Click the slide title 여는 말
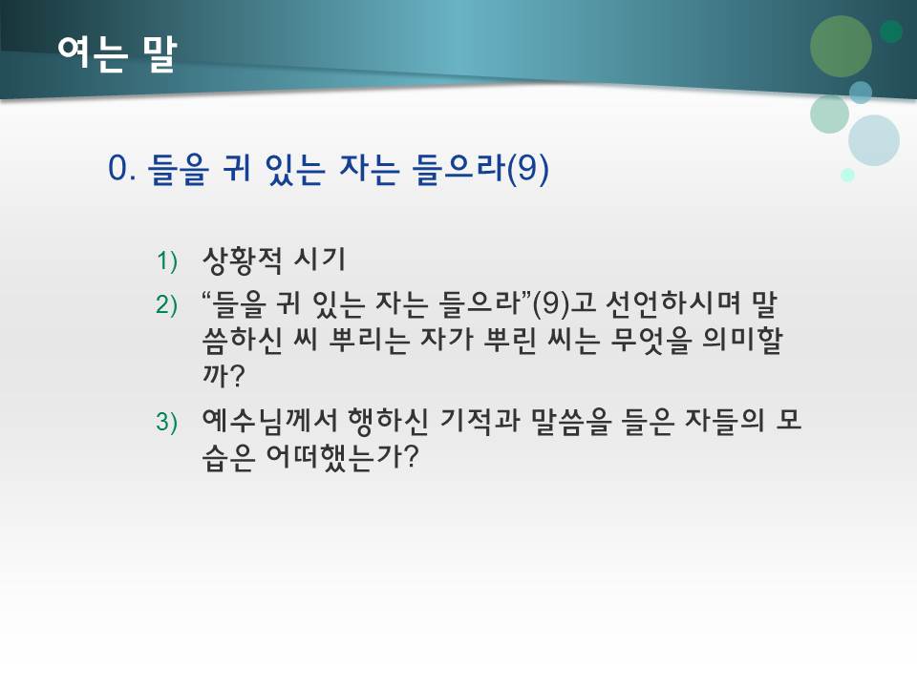(x=116, y=53)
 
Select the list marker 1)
(x=167, y=260)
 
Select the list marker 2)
(x=167, y=304)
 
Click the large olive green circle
(x=841, y=45)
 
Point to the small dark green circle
(x=891, y=31)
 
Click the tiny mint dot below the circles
(x=847, y=175)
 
